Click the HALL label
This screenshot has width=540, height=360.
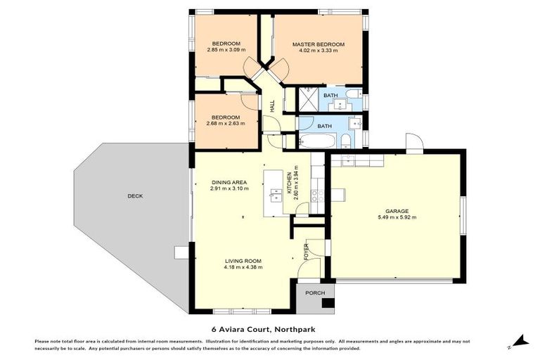tap(272, 105)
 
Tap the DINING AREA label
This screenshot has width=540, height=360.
tap(229, 182)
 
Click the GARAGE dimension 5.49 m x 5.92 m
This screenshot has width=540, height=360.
tap(397, 217)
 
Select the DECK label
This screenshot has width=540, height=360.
tap(135, 196)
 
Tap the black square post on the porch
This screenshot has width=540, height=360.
tap(326, 304)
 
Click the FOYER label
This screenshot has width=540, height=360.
tap(306, 252)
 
